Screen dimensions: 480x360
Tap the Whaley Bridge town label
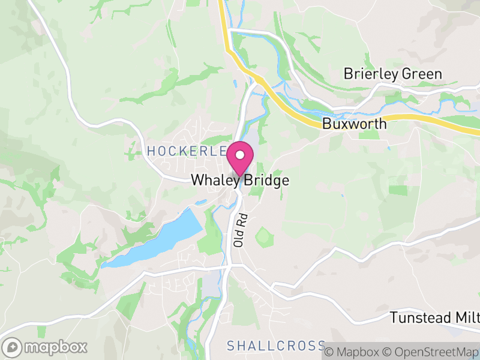click(x=240, y=180)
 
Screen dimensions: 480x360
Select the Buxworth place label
click(x=354, y=124)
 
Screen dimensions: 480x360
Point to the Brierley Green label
click(x=392, y=74)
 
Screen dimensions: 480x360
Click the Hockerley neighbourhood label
click(x=187, y=151)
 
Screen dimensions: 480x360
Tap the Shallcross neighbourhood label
click(x=276, y=346)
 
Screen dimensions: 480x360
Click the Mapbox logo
click(x=46, y=347)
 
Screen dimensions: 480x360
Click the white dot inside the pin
click(x=240, y=155)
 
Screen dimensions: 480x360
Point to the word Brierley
click(x=370, y=74)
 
